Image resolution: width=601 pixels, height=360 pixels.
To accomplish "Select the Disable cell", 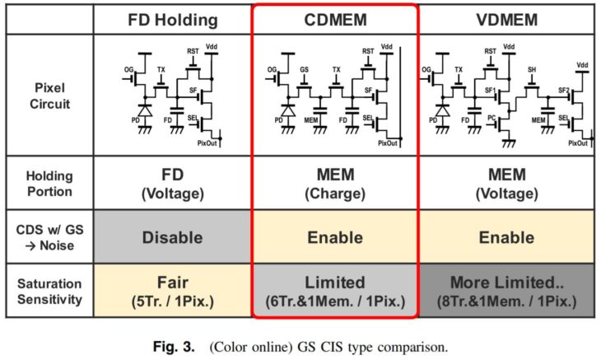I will pos(172,237).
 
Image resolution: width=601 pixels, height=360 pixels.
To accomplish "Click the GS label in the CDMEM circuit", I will pos(305,70).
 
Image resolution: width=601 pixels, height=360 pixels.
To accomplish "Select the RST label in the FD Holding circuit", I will pos(193,51).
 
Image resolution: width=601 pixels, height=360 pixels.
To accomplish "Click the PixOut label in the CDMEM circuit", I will pos(388,143).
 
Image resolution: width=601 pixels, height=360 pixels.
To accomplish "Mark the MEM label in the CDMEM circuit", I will pos(310,120).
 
